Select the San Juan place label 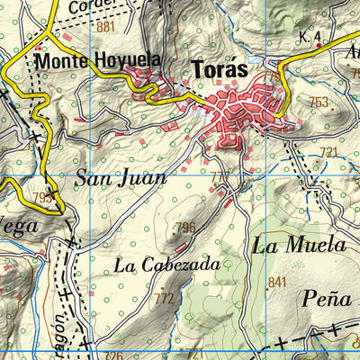(x=120, y=178)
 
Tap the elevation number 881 (x=106, y=27)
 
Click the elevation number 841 (x=276, y=282)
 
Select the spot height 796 (x=186, y=227)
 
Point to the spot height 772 (x=164, y=298)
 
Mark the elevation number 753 (x=319, y=103)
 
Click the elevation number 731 (x=328, y=151)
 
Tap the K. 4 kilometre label (x=310, y=37)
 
